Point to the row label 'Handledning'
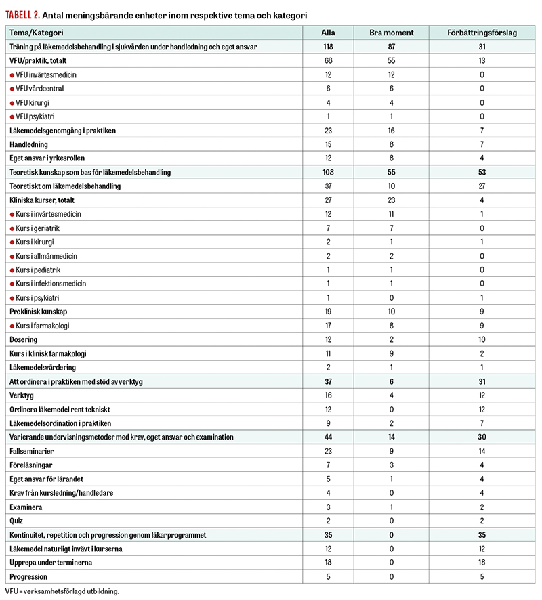(x=29, y=144)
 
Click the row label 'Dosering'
(x=24, y=339)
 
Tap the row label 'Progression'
(x=28, y=576)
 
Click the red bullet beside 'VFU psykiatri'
(x=12, y=116)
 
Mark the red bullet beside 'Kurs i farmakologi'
(x=12, y=326)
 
